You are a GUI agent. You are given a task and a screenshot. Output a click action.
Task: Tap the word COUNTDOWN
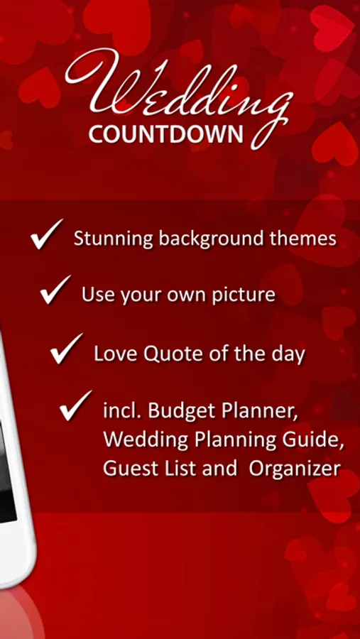(x=166, y=134)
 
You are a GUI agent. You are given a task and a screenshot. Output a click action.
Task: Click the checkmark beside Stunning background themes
(x=46, y=234)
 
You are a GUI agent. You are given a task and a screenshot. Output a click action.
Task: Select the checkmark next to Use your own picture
(x=56, y=290)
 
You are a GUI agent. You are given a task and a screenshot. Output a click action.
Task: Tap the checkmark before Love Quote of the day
(x=67, y=349)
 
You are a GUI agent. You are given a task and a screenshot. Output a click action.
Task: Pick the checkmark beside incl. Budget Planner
(x=75, y=405)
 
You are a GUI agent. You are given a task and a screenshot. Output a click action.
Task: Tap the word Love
(x=116, y=354)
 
